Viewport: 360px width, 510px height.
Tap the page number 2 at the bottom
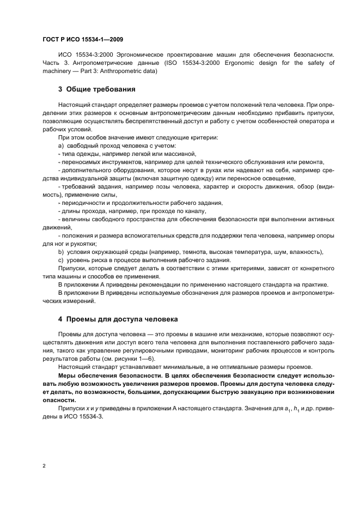pyautogui.click(x=44, y=466)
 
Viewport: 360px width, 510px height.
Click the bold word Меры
pyautogui.click(x=68, y=376)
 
